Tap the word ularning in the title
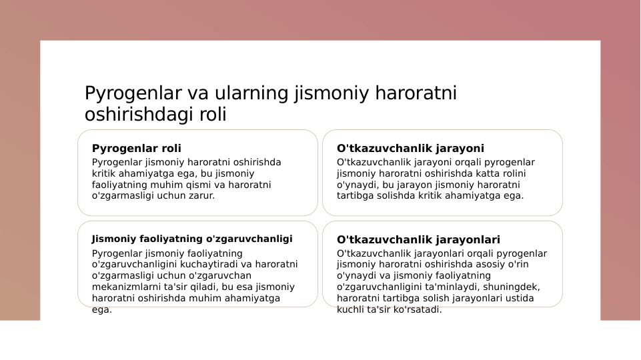tap(253, 93)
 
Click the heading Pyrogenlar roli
tap(136, 148)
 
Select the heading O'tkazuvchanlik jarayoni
tap(410, 148)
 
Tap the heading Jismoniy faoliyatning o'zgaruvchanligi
tap(192, 239)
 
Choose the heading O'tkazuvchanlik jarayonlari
tap(418, 239)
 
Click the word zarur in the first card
tap(202, 196)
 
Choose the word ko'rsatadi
tap(418, 310)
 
